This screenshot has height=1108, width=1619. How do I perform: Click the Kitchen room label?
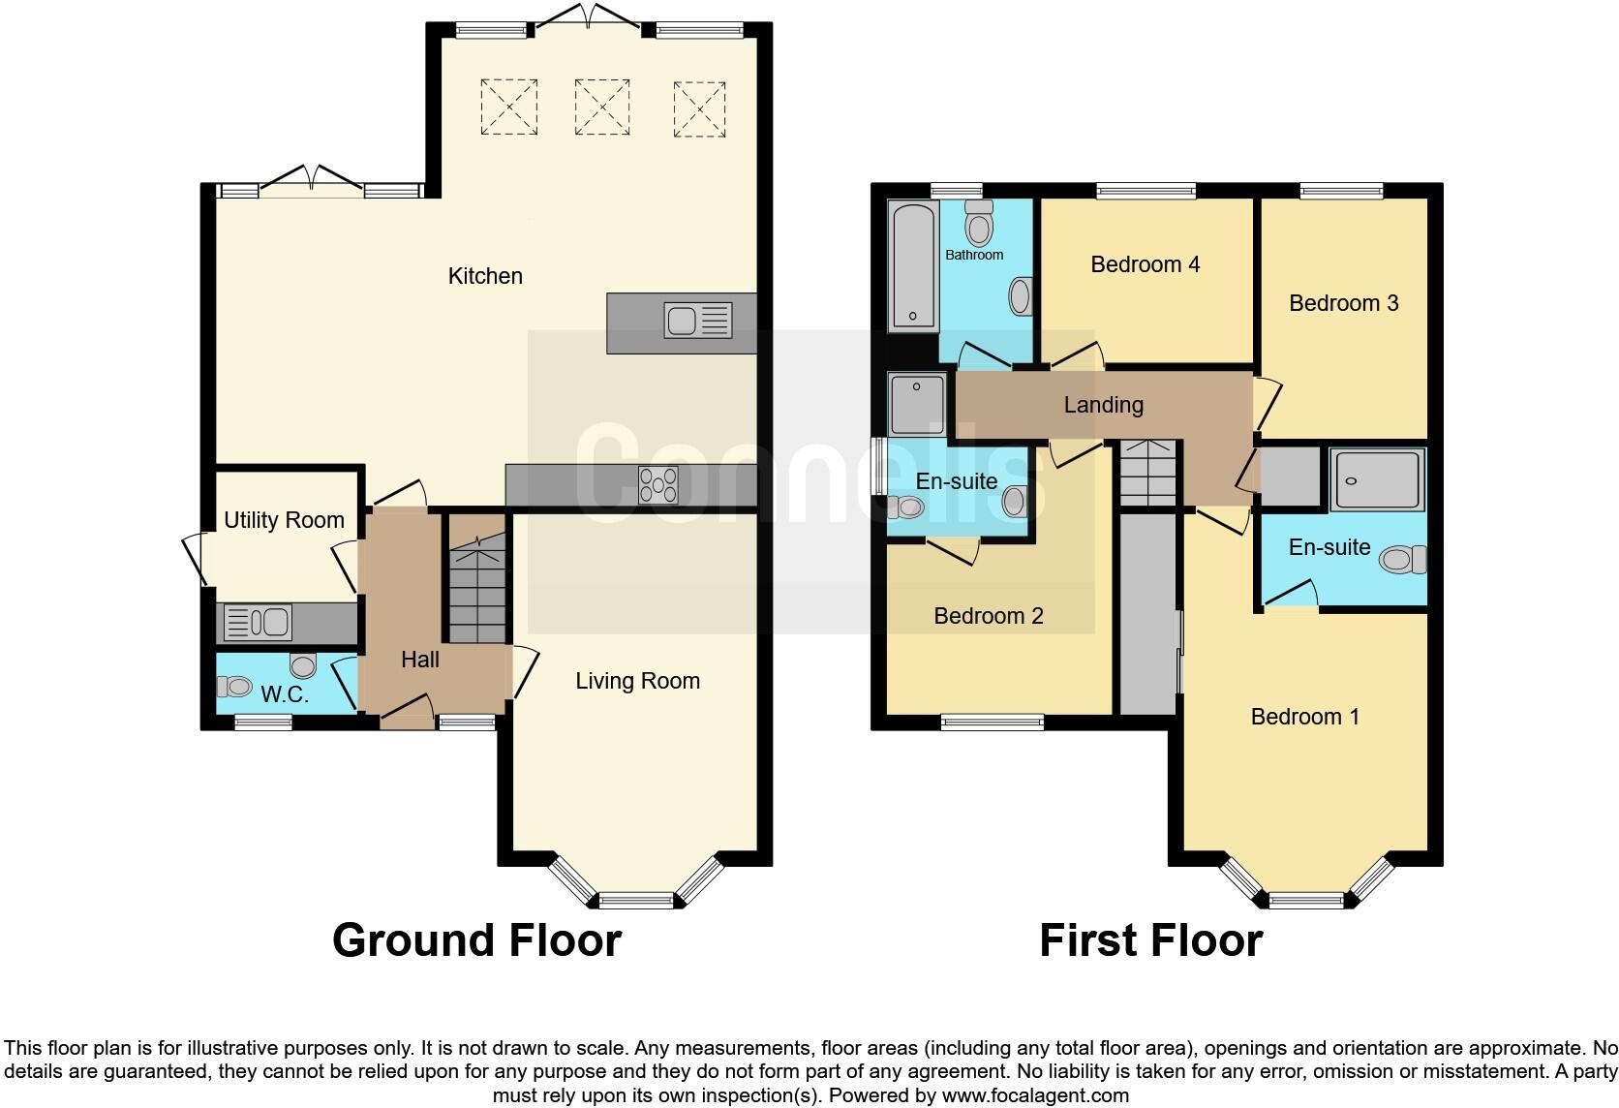click(x=485, y=276)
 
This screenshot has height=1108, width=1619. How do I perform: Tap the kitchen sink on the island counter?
click(x=697, y=321)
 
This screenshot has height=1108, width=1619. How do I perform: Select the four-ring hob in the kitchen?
click(x=658, y=485)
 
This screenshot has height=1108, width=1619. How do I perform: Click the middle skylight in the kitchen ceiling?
click(x=602, y=107)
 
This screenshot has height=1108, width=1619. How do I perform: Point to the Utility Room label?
click(x=284, y=520)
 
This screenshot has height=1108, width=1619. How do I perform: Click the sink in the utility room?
click(x=258, y=623)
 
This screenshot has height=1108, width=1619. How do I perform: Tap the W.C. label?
click(x=285, y=694)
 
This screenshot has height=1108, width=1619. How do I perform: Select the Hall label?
click(x=420, y=660)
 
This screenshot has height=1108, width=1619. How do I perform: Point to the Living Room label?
click(x=637, y=681)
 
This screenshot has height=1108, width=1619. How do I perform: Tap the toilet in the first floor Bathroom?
click(x=979, y=224)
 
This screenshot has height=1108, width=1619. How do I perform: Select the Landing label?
click(x=1103, y=405)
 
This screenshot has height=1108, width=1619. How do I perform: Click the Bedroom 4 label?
click(x=1145, y=264)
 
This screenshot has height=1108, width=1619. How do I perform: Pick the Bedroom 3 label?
click(x=1343, y=303)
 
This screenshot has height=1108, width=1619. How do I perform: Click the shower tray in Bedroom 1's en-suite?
click(x=1377, y=479)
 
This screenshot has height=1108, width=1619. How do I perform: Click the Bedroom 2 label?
click(x=988, y=616)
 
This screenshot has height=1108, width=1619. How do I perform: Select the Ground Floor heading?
click(x=476, y=940)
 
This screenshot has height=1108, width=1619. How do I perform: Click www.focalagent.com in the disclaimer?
click(x=1034, y=1096)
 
